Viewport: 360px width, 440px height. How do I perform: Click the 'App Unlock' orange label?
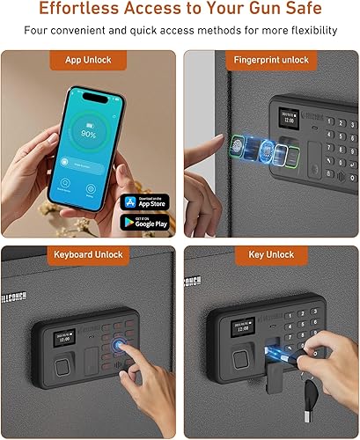click(88, 61)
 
